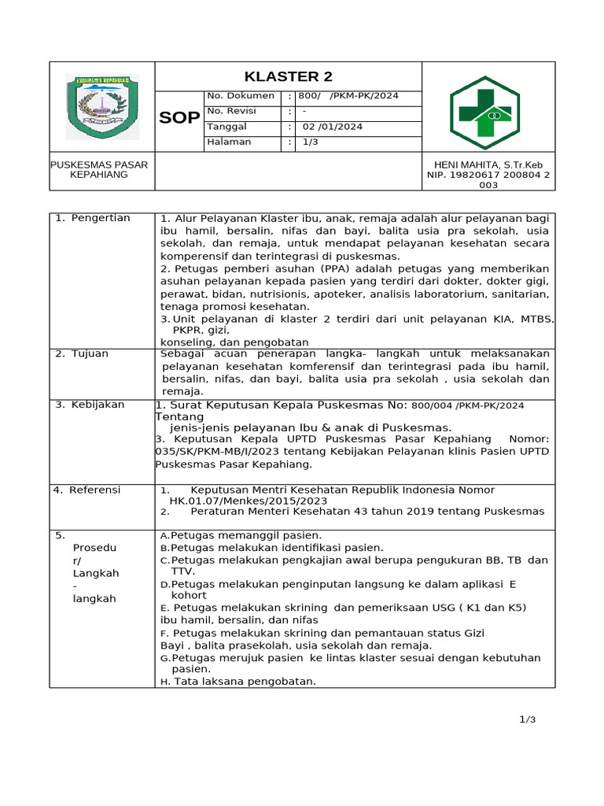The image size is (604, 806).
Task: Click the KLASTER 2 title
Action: (288, 76)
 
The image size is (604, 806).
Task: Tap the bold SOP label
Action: (179, 118)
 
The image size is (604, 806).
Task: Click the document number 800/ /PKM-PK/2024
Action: (348, 96)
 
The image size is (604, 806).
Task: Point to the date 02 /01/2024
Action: (333, 127)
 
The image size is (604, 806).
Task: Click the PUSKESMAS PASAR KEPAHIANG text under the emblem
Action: (99, 169)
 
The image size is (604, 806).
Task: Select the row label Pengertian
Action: (101, 218)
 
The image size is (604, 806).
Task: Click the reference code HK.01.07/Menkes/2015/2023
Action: (249, 501)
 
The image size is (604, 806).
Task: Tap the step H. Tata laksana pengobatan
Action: (238, 682)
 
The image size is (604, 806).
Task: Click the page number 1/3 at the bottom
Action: (527, 719)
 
